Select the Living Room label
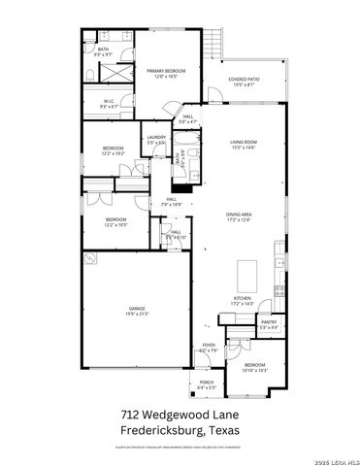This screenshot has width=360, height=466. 242,144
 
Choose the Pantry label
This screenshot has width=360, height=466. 269,324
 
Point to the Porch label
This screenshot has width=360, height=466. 207,385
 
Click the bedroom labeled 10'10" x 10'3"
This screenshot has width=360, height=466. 255,367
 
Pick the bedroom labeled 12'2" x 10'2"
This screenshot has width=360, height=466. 113,150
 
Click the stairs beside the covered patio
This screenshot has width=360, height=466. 214,40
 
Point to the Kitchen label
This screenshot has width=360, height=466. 242,300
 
